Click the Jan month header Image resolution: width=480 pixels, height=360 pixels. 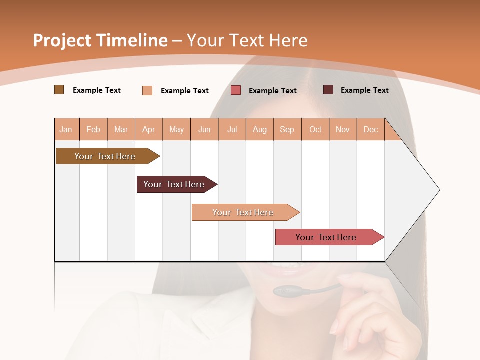(66, 129)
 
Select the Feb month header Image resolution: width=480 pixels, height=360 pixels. (93, 129)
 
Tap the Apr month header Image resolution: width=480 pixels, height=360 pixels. (148, 129)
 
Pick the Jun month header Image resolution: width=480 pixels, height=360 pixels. (204, 129)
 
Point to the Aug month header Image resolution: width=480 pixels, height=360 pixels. (260, 129)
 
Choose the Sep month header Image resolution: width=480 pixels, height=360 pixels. (287, 129)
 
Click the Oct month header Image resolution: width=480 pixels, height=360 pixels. (315, 129)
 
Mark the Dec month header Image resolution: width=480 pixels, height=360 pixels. (370, 129)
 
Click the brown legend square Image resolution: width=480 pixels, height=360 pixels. (59, 90)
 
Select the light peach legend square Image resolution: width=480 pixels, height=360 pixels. (147, 90)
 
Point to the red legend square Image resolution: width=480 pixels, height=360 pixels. (236, 90)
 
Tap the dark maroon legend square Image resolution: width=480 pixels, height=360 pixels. (328, 90)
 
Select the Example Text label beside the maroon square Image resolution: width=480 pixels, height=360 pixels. (364, 90)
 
